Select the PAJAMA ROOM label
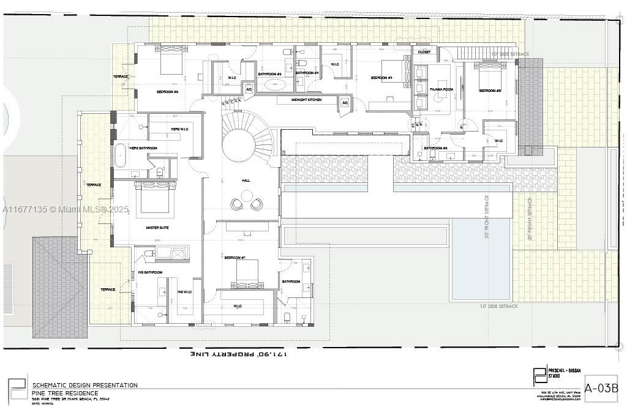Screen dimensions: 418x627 (440, 89)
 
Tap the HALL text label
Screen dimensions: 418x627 (246, 181)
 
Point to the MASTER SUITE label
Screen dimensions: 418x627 (157, 228)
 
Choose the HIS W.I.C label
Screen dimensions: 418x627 (185, 292)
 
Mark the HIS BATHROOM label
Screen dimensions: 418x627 (149, 272)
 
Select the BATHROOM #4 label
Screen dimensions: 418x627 (307, 73)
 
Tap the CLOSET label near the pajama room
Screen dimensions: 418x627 (424, 53)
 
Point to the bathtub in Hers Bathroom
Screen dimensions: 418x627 (120, 155)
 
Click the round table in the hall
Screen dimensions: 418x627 (247, 196)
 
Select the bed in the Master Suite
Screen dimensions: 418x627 (155, 199)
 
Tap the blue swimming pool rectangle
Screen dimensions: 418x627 (480, 259)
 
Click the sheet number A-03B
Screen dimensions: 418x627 (601, 388)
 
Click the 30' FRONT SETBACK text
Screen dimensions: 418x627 (487, 217)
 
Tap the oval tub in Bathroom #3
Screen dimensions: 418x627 (269, 85)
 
